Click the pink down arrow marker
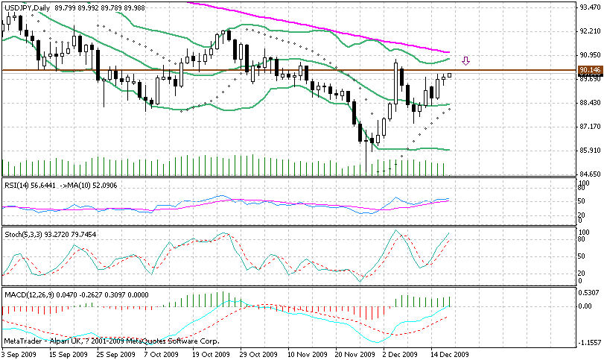[466, 61]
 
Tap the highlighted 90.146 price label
[589, 70]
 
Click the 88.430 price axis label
[589, 103]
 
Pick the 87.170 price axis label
[589, 127]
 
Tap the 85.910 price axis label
[589, 151]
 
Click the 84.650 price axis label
[589, 174]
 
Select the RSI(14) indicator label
[19, 185]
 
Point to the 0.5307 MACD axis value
[589, 292]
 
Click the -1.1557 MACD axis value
[589, 342]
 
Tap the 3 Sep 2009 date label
[20, 355]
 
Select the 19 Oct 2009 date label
[211, 355]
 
